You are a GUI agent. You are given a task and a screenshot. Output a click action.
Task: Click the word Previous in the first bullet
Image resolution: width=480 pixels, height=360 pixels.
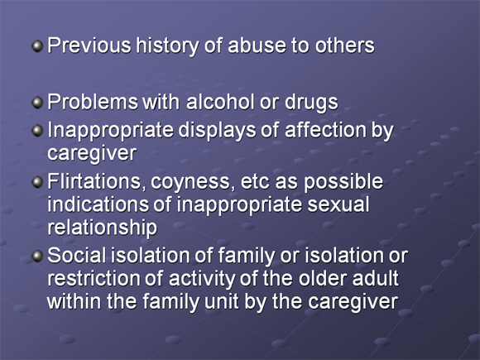click(x=89, y=46)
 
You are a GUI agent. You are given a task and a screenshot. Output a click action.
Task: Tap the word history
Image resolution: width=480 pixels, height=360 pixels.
click(x=167, y=46)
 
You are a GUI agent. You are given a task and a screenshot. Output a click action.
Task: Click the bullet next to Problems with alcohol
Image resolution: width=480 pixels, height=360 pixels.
click(x=37, y=103)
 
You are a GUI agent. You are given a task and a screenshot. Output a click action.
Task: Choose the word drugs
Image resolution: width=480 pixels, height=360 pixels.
click(x=311, y=103)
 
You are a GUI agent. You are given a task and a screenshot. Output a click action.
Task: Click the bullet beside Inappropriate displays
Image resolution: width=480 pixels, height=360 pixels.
click(x=37, y=131)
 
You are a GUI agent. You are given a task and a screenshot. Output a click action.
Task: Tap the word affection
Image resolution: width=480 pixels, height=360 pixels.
click(x=325, y=130)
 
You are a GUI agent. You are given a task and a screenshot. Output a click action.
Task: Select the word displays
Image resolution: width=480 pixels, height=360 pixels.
click(x=217, y=131)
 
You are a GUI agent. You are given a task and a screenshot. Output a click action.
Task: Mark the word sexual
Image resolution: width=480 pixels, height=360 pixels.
click(x=338, y=204)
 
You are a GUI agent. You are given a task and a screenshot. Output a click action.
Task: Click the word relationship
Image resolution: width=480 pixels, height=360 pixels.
click(x=103, y=228)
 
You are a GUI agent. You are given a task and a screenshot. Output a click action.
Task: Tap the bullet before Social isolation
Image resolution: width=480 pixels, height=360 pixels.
click(x=37, y=256)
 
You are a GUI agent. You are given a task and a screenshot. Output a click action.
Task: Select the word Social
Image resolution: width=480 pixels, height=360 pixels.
click(x=76, y=255)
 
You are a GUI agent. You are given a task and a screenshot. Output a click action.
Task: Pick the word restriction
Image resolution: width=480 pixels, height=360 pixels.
click(x=94, y=278)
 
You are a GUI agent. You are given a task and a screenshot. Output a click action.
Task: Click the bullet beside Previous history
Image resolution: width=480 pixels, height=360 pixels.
click(x=37, y=46)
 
